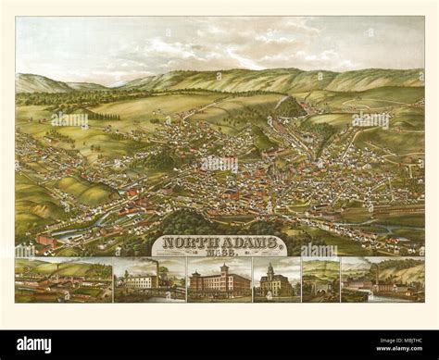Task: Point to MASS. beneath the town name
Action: tap(219, 253)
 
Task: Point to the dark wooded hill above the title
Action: tap(199, 222)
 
